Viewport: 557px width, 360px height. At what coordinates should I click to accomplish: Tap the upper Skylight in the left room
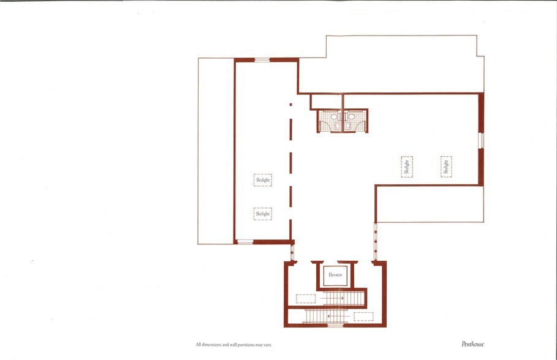coord(262,180)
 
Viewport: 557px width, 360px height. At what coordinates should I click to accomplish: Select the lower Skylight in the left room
coord(262,214)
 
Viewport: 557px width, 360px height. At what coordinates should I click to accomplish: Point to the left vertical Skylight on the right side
coord(406,167)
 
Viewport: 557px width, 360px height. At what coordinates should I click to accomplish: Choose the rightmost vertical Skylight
coord(446,167)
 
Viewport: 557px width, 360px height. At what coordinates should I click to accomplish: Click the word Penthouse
coord(472,344)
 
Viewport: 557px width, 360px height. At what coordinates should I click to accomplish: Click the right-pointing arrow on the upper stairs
coord(334,299)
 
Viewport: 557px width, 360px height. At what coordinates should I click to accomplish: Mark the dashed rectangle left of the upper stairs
coord(305,299)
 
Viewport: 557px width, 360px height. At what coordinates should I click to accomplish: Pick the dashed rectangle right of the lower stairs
coord(363,316)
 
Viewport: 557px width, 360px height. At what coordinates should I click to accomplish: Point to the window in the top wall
coord(262,59)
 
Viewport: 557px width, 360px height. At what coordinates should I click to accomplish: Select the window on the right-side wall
coord(481,140)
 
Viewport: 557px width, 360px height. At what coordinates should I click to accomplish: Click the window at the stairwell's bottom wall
coord(335,325)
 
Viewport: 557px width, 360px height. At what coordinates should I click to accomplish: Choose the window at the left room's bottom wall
coord(244,242)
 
